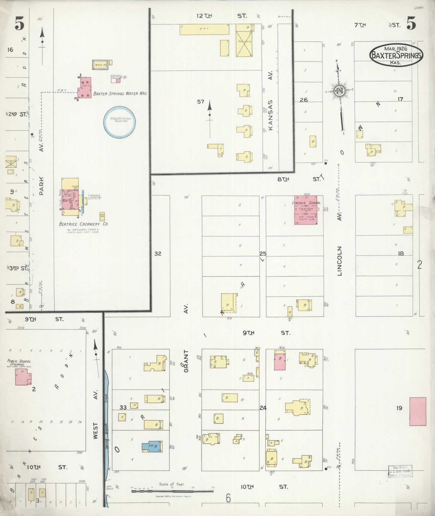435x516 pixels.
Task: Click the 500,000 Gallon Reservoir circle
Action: pos(119,121)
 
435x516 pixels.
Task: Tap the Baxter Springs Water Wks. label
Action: pos(120,94)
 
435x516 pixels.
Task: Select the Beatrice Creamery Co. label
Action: pos(83,224)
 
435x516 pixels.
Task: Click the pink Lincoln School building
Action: pos(306,210)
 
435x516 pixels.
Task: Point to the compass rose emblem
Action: pos(340,91)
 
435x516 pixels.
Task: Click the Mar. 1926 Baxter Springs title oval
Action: pos(396,55)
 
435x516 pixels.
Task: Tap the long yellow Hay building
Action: pos(204,29)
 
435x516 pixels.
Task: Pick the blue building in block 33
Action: pos(152,446)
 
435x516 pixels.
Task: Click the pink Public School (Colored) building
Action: pos(23,377)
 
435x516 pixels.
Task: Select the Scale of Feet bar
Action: pos(172,491)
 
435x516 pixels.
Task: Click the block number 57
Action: pos(201,102)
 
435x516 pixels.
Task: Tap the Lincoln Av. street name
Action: pos(340,261)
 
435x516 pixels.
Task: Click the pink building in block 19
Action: pos(418,411)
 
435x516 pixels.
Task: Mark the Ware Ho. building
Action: pos(100,65)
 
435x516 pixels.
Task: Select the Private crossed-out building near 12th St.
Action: pos(244,40)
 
